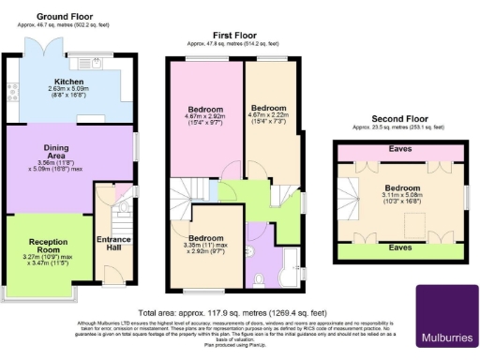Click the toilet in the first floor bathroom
coord(259,277)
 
